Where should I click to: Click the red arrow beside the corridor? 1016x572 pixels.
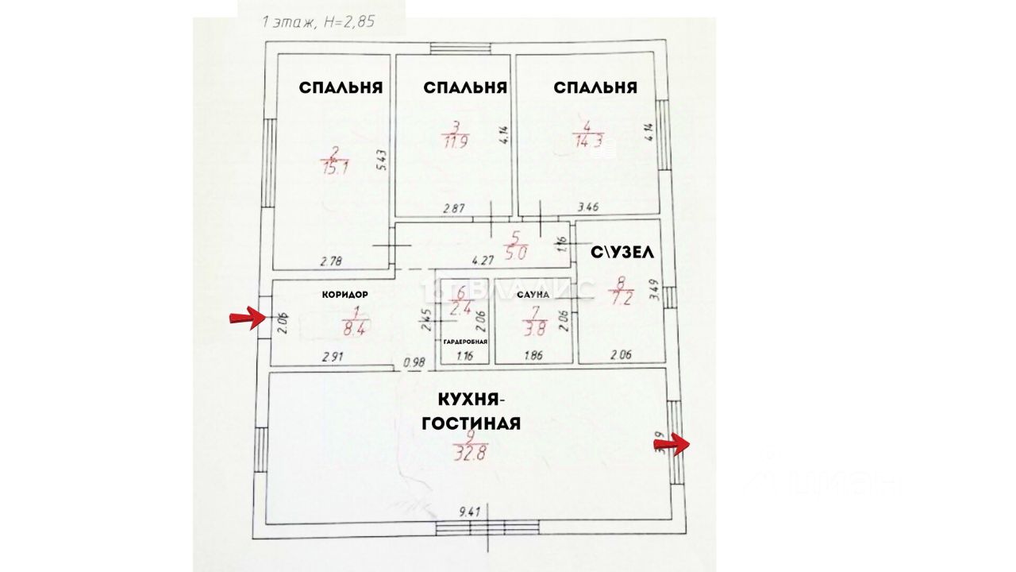pos(247,319)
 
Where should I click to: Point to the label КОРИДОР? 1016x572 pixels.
pos(344,294)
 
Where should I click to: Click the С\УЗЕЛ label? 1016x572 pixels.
pos(622,253)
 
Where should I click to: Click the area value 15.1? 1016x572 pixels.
pos(335,168)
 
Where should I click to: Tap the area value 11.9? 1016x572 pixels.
pos(455,144)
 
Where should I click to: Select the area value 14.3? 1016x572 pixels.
pos(587,143)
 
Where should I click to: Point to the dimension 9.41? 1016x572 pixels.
pos(471,513)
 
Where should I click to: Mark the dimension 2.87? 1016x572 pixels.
pos(453,208)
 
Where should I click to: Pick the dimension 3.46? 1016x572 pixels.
pos(588,207)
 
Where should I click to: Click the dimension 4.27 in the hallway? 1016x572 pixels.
pos(483,259)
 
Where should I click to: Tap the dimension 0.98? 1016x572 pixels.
pos(414,362)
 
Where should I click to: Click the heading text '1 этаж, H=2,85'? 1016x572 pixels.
pos(318,23)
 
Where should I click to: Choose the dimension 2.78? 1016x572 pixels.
pos(331,261)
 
